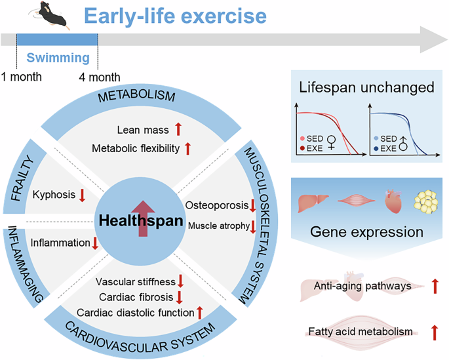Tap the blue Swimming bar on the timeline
click(57, 40)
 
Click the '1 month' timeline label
click(21, 77)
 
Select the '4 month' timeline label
click(100, 77)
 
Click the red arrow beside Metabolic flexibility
click(187, 149)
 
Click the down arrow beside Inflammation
click(95, 244)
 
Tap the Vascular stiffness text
click(135, 282)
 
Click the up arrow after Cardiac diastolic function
click(200, 313)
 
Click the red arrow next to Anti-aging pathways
click(433, 287)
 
